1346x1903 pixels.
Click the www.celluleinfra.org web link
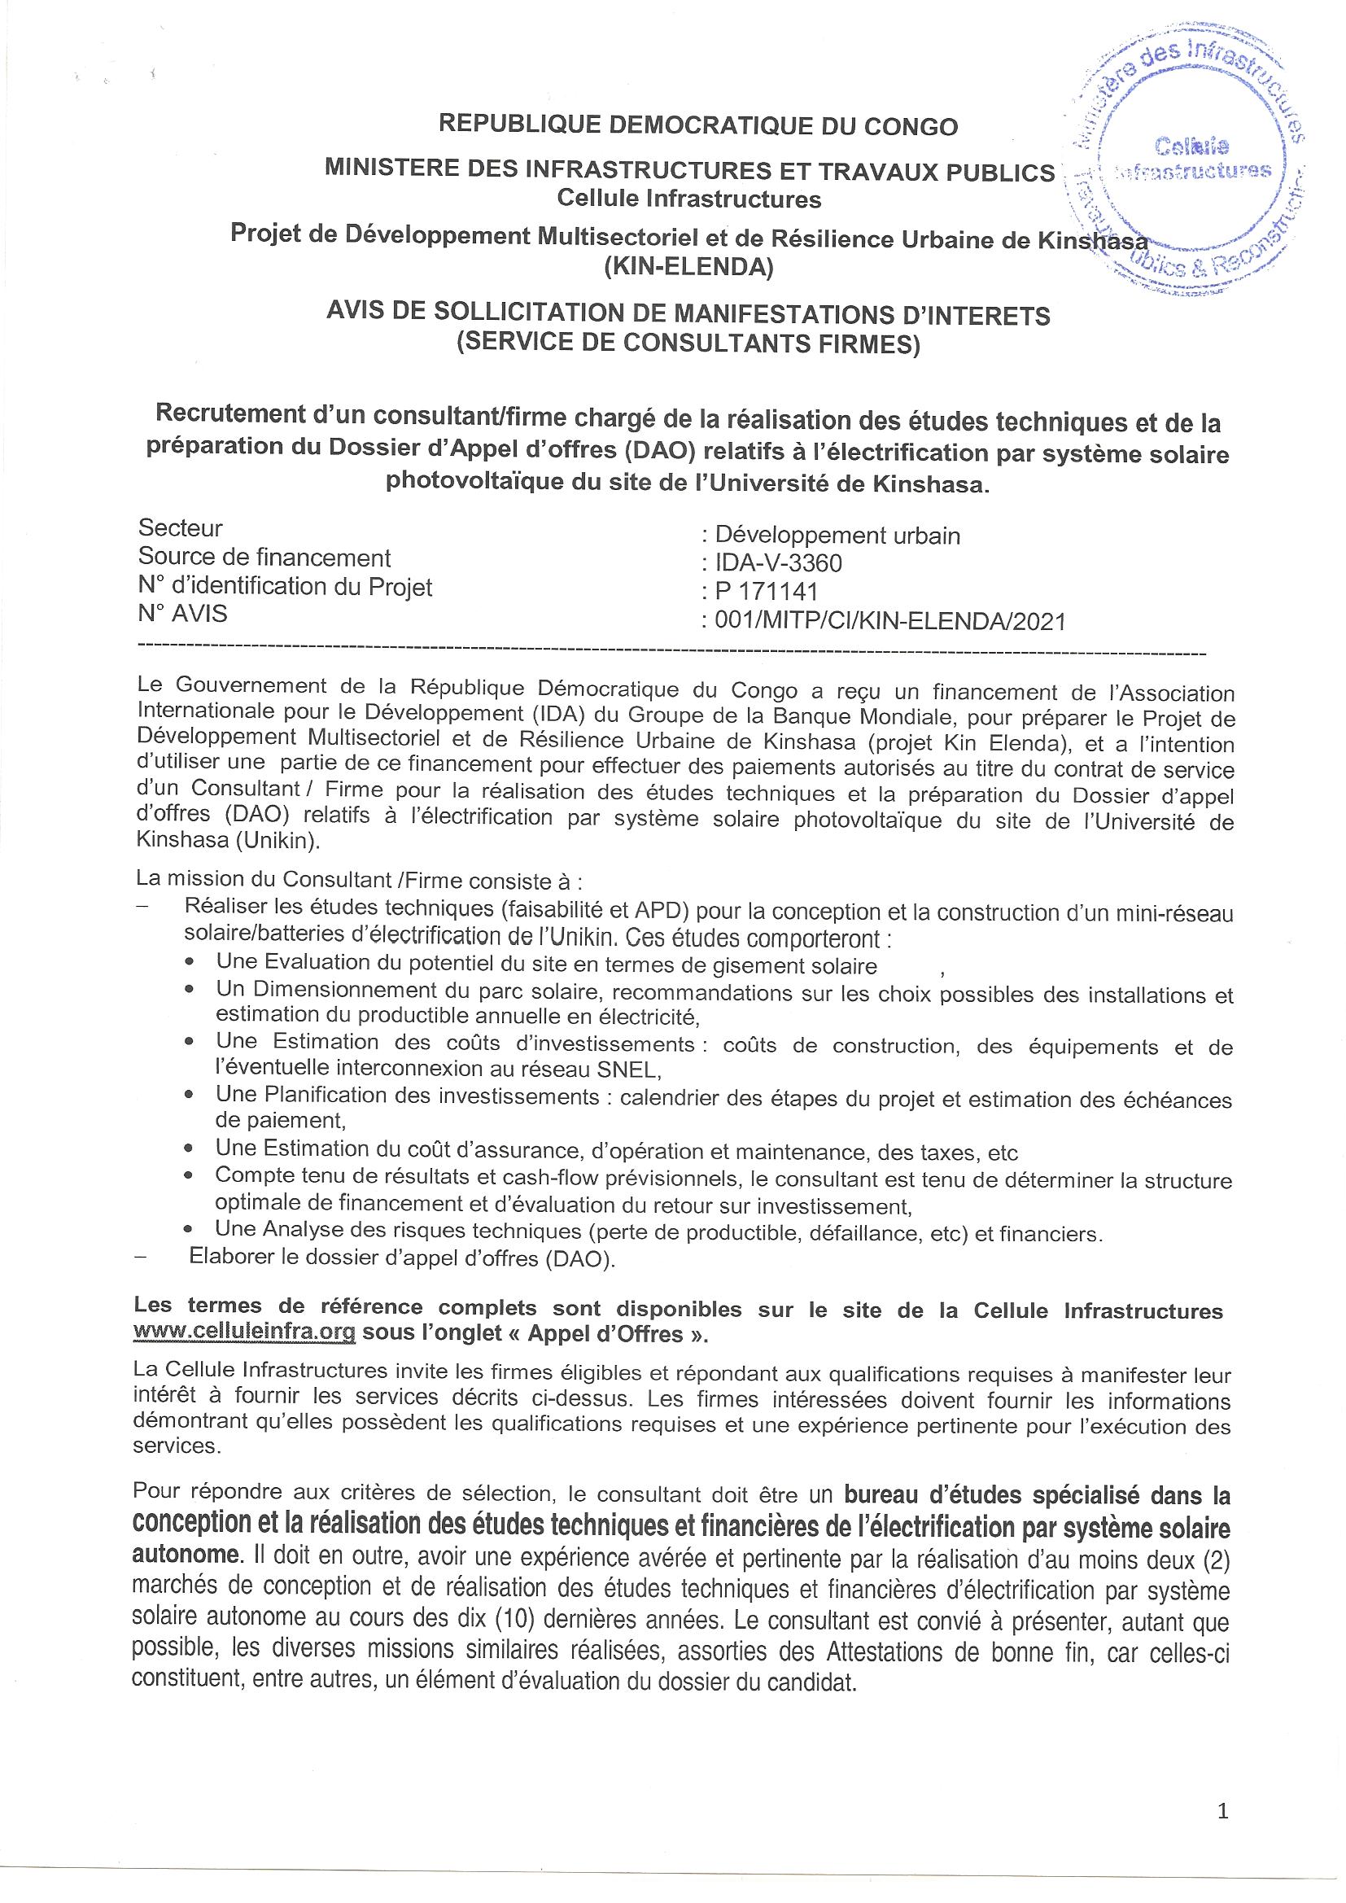[244, 1332]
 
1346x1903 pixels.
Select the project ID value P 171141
[760, 592]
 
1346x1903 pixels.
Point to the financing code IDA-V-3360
[771, 563]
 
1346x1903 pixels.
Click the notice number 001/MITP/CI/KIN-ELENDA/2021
[883, 621]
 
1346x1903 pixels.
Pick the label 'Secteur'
[180, 528]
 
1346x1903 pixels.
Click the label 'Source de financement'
[264, 557]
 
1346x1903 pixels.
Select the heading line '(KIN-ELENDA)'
[688, 268]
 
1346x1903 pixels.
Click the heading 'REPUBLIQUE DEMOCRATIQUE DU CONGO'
[698, 126]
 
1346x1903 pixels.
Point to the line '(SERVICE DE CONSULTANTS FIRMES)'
[688, 343]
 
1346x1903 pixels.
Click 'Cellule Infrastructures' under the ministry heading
[688, 199]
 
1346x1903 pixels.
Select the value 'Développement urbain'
[831, 536]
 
